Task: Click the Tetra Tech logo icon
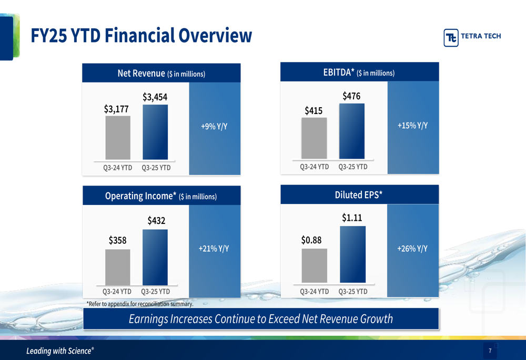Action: click(x=451, y=37)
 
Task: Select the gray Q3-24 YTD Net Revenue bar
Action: click(x=118, y=138)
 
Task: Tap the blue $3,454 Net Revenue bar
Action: click(x=155, y=132)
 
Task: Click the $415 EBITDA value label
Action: click(x=313, y=110)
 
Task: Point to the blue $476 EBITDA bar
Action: click(x=352, y=131)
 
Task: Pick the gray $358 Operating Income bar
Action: click(x=118, y=267)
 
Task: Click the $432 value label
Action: click(x=156, y=221)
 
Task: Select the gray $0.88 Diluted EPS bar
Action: click(x=314, y=265)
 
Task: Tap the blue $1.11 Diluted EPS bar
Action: click(x=352, y=254)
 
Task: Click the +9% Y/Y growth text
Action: click(x=214, y=127)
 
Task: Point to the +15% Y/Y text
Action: click(x=412, y=126)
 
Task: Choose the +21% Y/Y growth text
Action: click(x=214, y=249)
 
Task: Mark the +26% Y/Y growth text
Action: click(x=412, y=249)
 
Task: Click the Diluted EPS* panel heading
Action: click(x=359, y=195)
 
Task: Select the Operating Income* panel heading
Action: click(x=161, y=196)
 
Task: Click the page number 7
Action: click(x=490, y=351)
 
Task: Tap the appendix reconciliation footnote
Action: click(x=140, y=304)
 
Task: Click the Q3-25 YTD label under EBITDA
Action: click(x=353, y=167)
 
